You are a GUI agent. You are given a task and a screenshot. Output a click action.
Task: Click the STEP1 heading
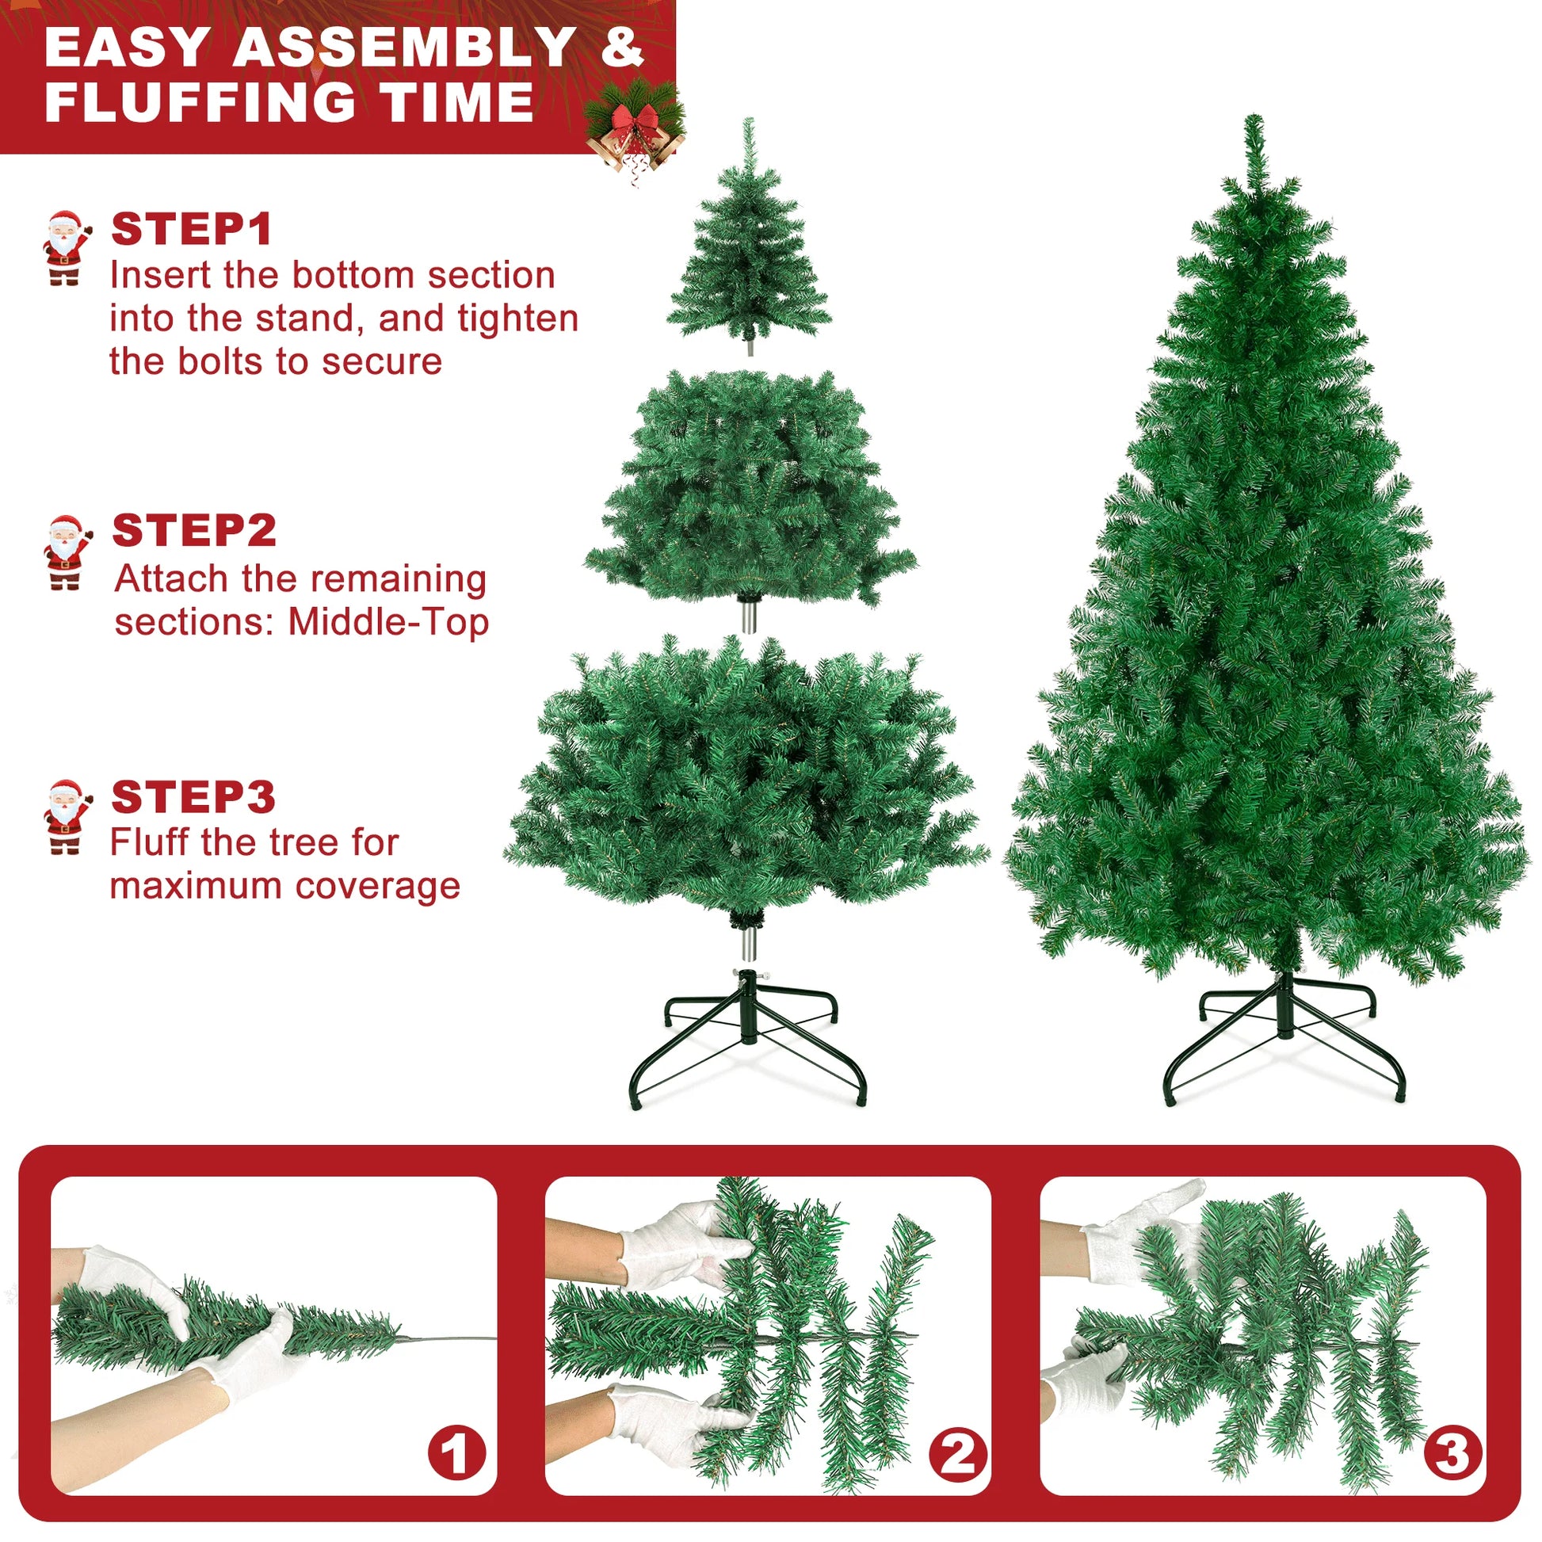192,229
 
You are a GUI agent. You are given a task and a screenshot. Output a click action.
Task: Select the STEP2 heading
194,531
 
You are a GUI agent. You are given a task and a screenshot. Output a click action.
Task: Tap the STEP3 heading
193,796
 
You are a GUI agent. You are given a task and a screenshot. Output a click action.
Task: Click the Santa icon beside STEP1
66,247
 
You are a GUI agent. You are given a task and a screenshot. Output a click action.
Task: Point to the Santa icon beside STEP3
66,818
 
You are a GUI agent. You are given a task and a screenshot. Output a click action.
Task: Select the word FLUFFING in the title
200,102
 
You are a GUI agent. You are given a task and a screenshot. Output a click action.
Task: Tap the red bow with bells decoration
636,128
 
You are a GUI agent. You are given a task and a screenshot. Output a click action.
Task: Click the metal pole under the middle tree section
748,617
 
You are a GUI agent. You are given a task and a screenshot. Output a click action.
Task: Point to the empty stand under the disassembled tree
748,1037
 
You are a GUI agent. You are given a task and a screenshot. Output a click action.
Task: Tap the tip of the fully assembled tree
1254,128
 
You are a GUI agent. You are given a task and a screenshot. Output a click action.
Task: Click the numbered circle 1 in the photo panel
456,1453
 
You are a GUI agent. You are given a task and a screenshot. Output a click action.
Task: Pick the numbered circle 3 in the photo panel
1452,1452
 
